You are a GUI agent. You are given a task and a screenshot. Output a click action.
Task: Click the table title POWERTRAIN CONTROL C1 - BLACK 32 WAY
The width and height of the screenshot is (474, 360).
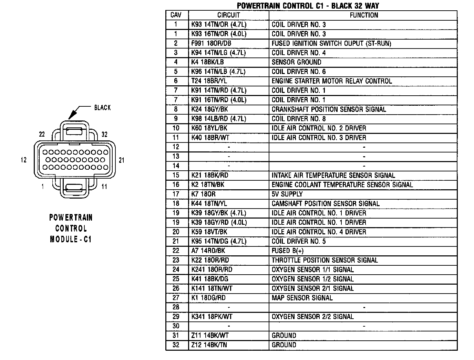[x=308, y=6]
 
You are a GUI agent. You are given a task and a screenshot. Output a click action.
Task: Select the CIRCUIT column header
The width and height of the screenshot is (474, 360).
[x=228, y=15]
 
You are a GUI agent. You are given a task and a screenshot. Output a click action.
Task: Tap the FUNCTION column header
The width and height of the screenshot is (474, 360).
[x=364, y=15]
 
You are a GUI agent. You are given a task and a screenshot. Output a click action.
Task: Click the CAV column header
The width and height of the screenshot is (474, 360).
[x=176, y=15]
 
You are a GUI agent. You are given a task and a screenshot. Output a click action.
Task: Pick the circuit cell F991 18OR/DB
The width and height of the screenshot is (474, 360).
[x=211, y=43]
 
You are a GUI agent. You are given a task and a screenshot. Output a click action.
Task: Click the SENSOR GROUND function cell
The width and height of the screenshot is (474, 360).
[x=296, y=62]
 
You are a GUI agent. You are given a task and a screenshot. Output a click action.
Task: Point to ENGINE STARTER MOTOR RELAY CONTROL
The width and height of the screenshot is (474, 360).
[x=332, y=81]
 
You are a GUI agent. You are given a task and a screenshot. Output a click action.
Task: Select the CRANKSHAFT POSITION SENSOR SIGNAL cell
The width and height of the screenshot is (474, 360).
[x=329, y=109]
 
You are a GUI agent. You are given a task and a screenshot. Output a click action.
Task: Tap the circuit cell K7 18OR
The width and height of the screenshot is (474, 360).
[x=203, y=194]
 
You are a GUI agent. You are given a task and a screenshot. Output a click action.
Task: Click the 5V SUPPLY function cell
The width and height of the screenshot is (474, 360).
[x=287, y=194]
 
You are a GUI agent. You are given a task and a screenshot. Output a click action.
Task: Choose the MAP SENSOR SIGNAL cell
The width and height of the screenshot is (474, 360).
[x=302, y=298]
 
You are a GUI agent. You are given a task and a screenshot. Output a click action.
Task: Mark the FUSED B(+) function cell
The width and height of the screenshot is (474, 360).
[x=288, y=251]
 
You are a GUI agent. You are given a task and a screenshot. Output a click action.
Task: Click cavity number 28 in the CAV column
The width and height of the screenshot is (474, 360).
[x=176, y=307]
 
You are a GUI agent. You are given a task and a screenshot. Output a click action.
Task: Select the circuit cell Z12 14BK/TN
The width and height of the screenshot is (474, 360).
[x=209, y=345]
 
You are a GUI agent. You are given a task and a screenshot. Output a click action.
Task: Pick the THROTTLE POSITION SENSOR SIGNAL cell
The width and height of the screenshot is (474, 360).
[x=324, y=260]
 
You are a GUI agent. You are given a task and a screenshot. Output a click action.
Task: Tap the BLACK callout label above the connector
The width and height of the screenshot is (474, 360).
[x=102, y=108]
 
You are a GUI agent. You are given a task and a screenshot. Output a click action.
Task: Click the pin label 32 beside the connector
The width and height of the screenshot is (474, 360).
[x=104, y=134]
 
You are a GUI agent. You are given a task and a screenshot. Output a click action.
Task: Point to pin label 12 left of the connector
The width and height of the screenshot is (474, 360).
[x=23, y=160]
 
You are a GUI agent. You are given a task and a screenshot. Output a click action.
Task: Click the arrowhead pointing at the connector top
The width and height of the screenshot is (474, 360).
[x=72, y=116]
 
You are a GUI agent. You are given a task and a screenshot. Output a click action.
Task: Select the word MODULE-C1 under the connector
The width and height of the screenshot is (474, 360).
[x=71, y=239]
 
